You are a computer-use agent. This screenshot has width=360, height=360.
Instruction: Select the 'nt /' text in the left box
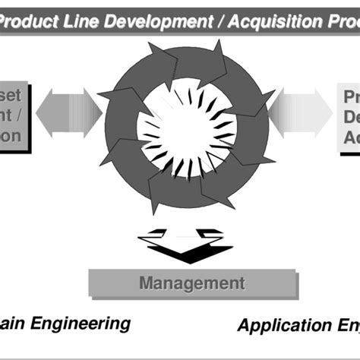click(16, 117)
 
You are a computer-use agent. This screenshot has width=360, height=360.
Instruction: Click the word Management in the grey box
click(191, 284)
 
